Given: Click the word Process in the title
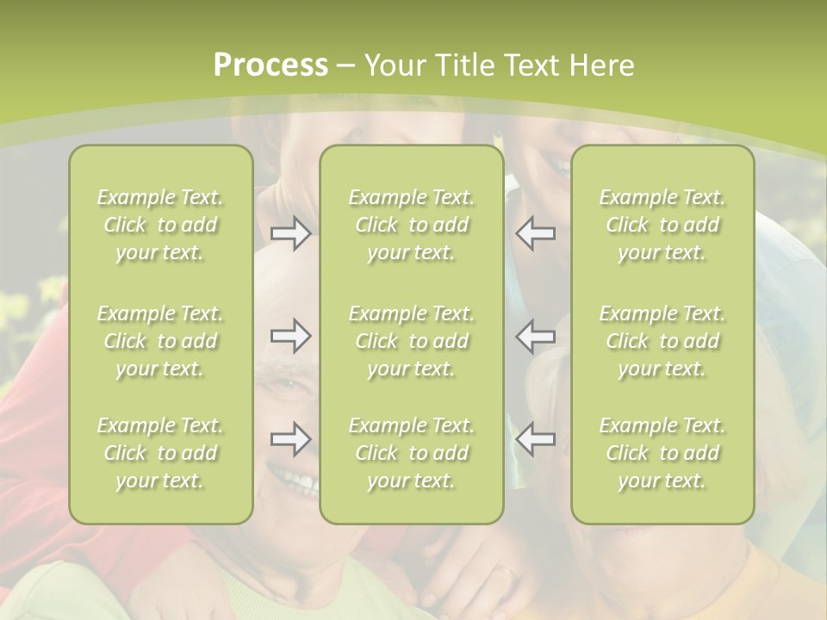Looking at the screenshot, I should pos(270,65).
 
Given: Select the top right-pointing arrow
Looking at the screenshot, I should pos(290,233).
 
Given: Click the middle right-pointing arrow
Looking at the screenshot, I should pos(290,336).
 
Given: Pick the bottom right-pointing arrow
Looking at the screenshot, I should pos(290,439).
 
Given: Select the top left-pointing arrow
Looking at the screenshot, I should pos(536,233).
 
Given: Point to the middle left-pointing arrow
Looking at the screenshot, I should pos(536,336).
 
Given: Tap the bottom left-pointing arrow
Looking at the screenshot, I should pos(536,439).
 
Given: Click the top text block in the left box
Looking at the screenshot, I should pos(160,225).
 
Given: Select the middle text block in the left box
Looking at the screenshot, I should pos(160,341).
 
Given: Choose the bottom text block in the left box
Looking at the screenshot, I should pos(160,453).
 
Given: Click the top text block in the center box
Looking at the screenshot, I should pos(411,225).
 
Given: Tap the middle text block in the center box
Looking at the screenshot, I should pos(411,341).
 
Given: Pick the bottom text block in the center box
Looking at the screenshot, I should pos(411,453).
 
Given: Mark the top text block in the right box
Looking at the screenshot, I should pos(662,225).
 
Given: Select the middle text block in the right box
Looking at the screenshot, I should pos(662,341).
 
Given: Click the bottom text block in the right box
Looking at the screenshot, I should pos(662,453).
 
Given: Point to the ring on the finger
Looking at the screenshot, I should pos(506,570).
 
